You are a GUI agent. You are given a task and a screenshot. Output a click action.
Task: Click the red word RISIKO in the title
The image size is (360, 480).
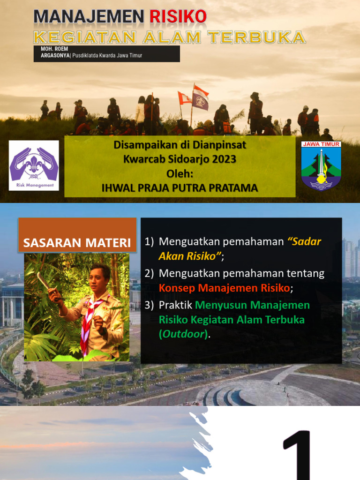click(x=178, y=17)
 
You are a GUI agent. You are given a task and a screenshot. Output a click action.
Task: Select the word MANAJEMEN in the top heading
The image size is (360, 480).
click(x=89, y=17)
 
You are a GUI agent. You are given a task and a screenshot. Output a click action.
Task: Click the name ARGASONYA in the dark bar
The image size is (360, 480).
click(x=55, y=56)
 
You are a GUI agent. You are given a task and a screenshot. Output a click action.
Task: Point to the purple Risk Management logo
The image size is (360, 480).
click(x=34, y=165)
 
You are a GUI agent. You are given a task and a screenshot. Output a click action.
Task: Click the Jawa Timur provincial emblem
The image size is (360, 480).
click(x=321, y=166)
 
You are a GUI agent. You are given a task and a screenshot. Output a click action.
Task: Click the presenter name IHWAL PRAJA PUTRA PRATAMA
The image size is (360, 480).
click(x=180, y=188)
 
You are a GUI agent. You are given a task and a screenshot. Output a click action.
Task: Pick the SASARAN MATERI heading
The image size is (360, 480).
click(x=77, y=243)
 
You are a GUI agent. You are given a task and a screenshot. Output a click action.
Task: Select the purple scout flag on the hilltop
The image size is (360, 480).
click(x=200, y=100)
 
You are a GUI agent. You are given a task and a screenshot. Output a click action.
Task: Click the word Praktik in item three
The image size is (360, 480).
click(x=175, y=305)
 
